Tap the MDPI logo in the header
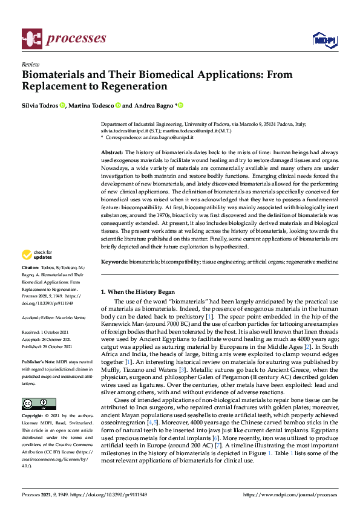click(x=324, y=40)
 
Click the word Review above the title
click(x=30, y=64)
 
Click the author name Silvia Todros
click(x=39, y=105)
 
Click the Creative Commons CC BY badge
click(x=39, y=404)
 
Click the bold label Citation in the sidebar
click(x=30, y=267)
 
